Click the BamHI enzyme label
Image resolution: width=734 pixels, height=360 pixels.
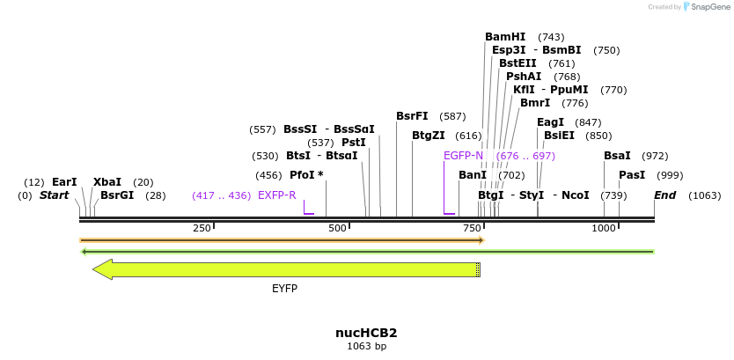pos(505,37)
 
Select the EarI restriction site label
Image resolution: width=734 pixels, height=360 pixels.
pos(64,182)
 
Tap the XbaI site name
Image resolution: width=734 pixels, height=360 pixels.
pos(106,182)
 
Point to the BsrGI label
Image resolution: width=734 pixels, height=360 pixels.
pos(117,195)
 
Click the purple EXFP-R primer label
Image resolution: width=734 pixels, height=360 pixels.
pos(276,195)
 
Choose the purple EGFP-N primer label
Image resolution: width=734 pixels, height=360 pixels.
pos(463,156)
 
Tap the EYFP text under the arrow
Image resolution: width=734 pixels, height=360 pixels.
pos(284,289)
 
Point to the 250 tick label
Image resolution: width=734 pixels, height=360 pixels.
pos(202,228)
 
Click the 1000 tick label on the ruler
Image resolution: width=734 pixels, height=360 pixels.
pos(604,228)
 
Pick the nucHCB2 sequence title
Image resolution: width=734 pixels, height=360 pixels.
pos(366,334)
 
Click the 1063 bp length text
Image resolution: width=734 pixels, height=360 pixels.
pos(366,347)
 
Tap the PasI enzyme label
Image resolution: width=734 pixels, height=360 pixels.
pos(632,175)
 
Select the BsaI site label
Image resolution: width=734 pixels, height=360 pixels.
pos(617,156)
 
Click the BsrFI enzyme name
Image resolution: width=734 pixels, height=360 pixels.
pos(412,116)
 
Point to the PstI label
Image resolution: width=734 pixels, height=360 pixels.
pos(353,143)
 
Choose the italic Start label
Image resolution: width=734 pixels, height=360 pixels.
pos(54,195)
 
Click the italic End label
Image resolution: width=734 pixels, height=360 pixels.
pos(664,195)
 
